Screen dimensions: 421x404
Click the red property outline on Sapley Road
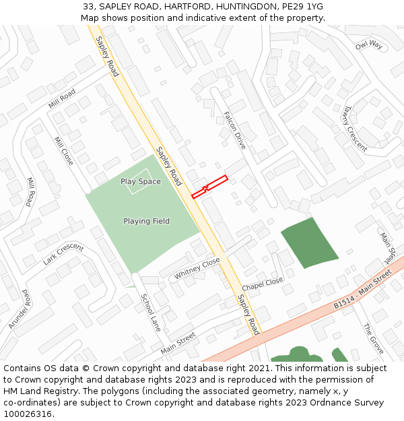(209, 187)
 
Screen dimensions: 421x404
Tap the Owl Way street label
(368, 45)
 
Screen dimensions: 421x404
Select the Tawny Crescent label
(354, 127)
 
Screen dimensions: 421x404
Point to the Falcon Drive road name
(235, 129)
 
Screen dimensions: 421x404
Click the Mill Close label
(63, 151)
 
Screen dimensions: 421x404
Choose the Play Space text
(141, 181)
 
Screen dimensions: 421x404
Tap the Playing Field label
(146, 221)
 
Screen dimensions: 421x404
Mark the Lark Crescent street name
(63, 254)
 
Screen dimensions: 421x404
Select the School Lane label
(151, 312)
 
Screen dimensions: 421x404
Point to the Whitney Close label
(197, 268)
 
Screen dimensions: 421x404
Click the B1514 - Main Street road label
(362, 290)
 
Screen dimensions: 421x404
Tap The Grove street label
(372, 338)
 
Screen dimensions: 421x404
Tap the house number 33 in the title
(88, 6)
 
